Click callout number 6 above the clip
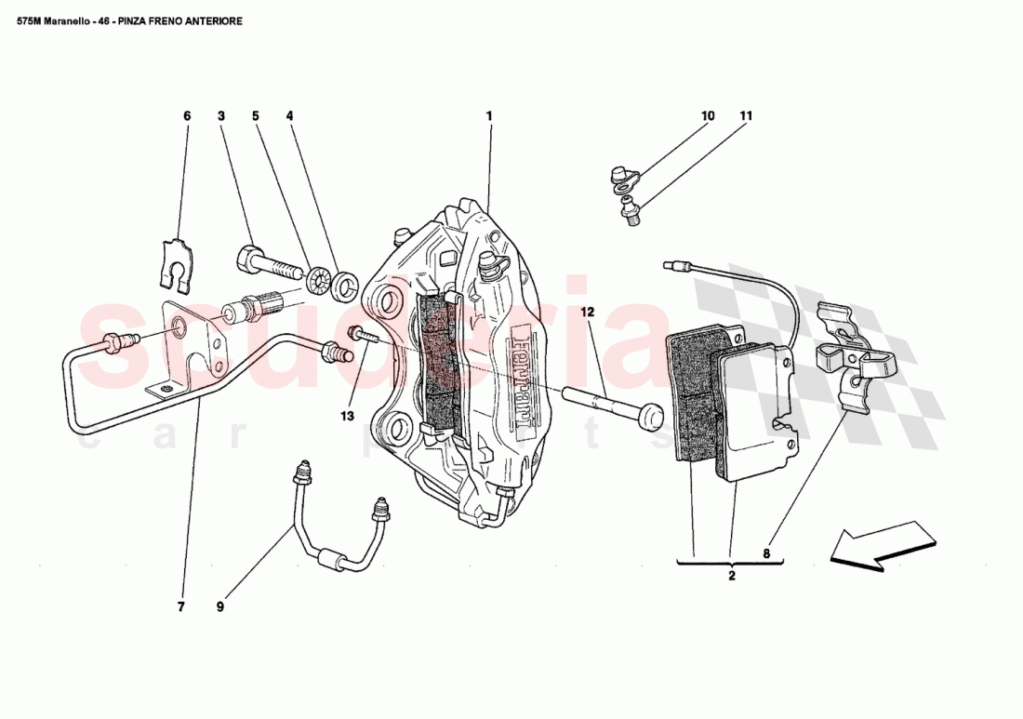[x=186, y=116]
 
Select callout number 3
[x=221, y=116]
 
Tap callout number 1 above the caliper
[x=488, y=116]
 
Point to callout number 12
[x=587, y=313]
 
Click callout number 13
[x=347, y=416]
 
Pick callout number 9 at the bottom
[x=220, y=607]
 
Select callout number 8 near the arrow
[x=766, y=554]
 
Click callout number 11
[x=745, y=116]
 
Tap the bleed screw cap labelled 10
[x=618, y=175]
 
